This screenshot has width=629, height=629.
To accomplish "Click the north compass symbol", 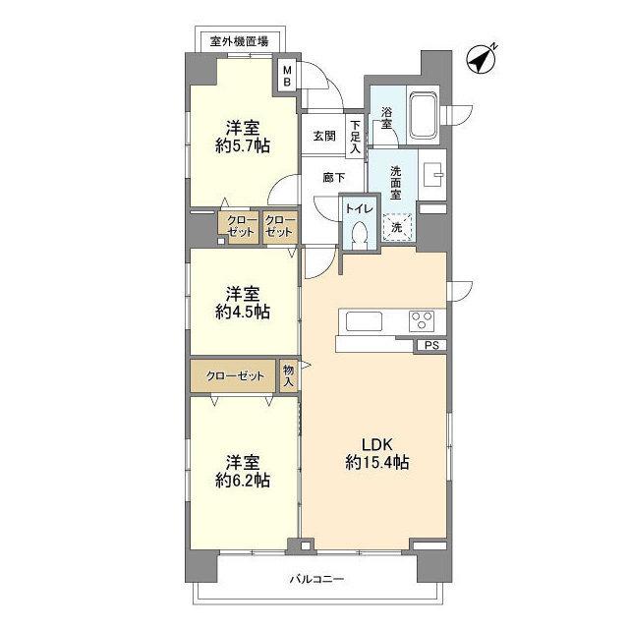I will click(x=481, y=59).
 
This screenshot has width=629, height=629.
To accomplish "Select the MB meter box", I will click(x=287, y=76).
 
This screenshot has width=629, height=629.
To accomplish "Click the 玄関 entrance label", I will click(x=325, y=136).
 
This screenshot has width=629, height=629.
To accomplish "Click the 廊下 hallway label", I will click(x=333, y=178).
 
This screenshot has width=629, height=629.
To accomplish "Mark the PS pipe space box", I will click(x=430, y=345).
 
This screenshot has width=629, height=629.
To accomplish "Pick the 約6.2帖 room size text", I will click(x=243, y=481).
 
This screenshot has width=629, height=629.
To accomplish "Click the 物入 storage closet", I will click(x=288, y=375).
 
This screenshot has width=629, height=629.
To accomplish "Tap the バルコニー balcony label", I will click(x=316, y=579).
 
